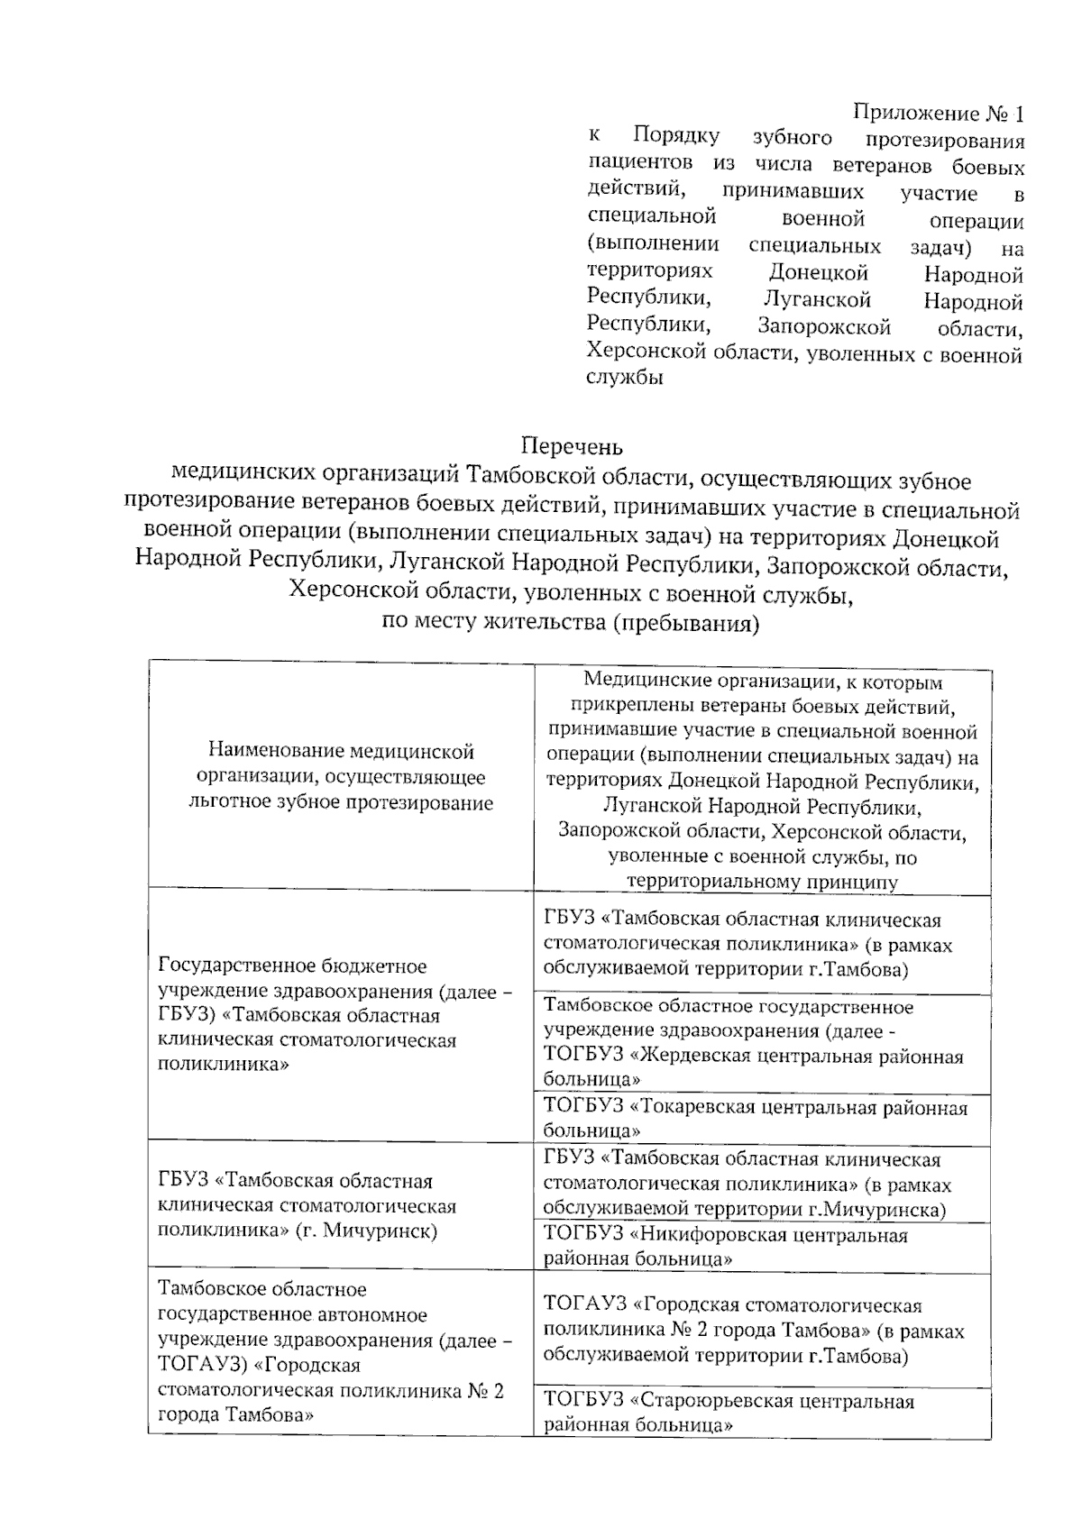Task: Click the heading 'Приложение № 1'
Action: coord(939,114)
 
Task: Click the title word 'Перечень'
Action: coord(572,446)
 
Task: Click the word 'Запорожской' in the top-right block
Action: coord(824,326)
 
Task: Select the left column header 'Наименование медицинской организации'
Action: coord(341,776)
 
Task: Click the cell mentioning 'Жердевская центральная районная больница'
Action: coord(753,1043)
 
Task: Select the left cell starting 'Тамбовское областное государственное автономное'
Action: coord(334,1352)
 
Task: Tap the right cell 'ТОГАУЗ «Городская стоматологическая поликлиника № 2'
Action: coord(753,1331)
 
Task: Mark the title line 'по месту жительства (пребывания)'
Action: coord(571,623)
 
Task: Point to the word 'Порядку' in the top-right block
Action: coord(676,137)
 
